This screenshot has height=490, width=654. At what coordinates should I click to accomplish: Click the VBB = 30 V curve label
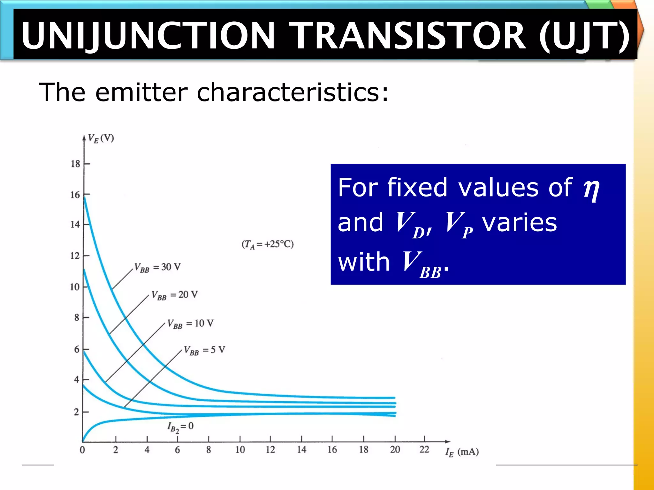(x=157, y=267)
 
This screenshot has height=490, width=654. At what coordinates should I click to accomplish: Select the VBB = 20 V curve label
(x=174, y=295)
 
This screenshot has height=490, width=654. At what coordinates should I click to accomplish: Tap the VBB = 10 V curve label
(x=190, y=324)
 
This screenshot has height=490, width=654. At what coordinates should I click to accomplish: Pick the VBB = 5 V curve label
(x=204, y=350)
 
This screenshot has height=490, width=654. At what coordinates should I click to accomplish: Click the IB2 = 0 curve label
(x=180, y=427)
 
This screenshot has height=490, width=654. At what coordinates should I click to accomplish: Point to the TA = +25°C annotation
(x=268, y=244)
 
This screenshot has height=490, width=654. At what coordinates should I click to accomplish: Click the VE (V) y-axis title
(x=101, y=139)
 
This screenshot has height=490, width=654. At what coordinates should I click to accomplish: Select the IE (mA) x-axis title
(x=462, y=452)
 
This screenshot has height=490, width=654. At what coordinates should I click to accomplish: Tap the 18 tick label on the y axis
(x=75, y=164)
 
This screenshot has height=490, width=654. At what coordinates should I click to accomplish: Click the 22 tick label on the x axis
(x=424, y=449)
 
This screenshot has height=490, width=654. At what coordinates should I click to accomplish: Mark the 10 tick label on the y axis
(x=75, y=287)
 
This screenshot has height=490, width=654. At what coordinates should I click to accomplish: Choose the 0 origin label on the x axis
(x=82, y=450)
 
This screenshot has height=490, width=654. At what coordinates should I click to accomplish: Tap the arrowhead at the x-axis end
(x=448, y=442)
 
